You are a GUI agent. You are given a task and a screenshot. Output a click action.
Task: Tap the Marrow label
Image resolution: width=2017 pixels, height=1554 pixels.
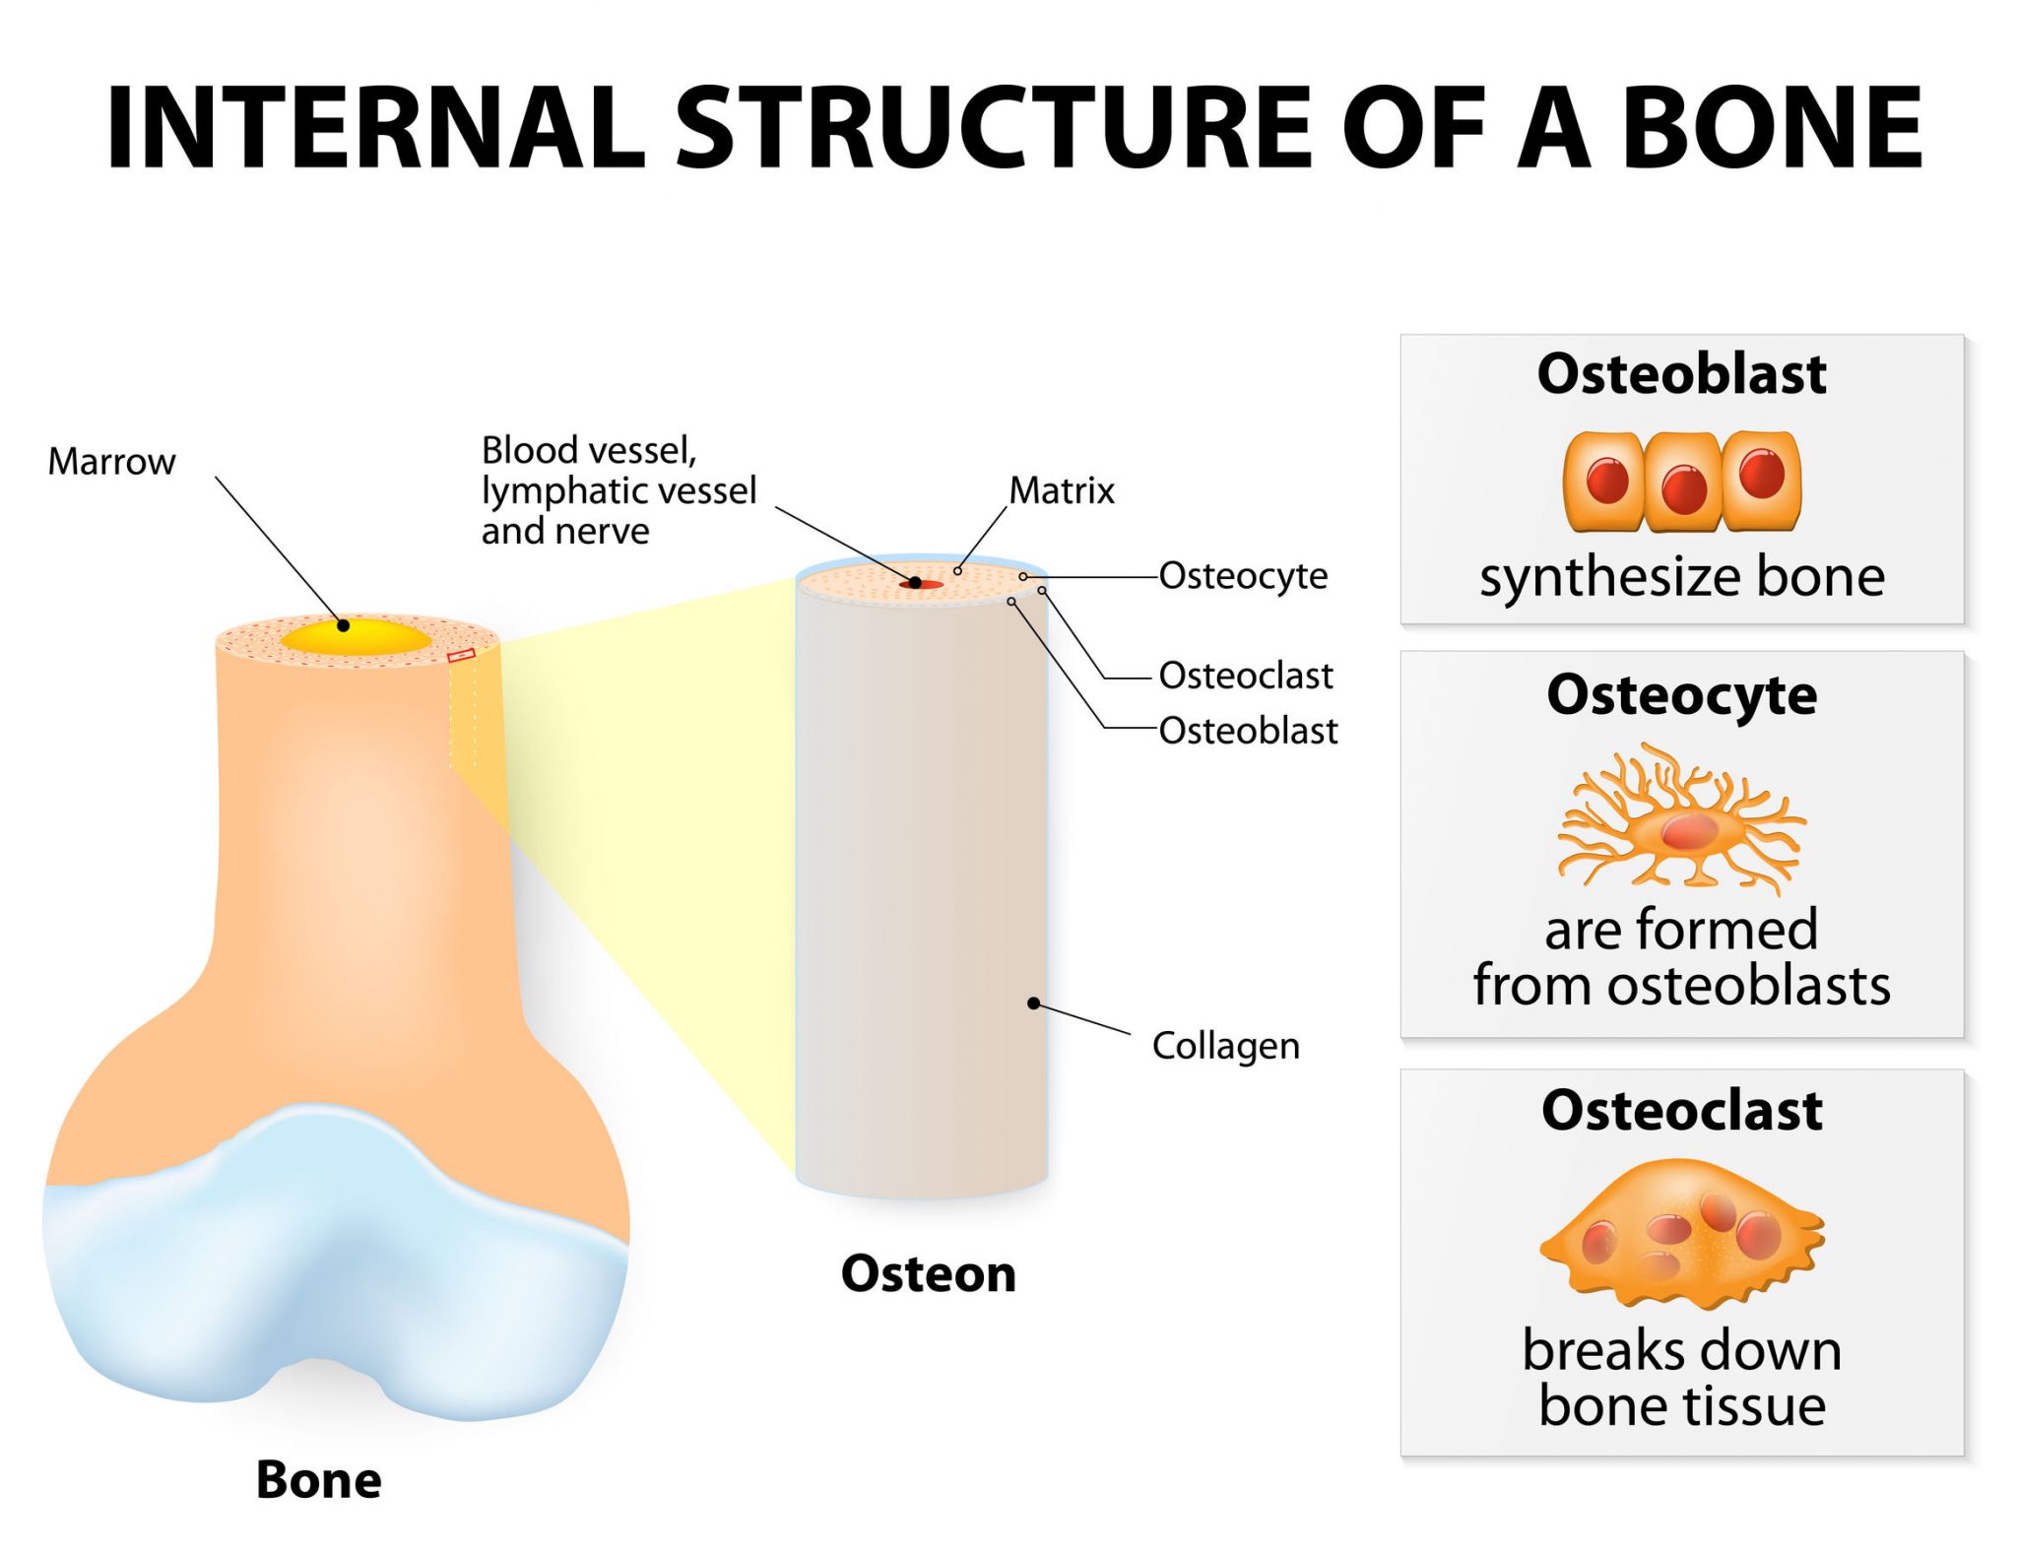click(111, 462)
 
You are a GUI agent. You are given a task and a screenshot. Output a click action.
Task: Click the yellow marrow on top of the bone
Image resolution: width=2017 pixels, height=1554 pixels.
click(356, 636)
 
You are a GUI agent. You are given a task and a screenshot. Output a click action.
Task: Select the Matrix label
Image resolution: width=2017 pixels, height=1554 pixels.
click(1062, 490)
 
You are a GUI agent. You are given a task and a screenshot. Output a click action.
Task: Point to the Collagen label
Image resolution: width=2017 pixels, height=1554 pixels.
click(1225, 1046)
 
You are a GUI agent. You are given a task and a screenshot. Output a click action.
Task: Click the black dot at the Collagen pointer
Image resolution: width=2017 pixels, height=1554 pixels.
click(1033, 1004)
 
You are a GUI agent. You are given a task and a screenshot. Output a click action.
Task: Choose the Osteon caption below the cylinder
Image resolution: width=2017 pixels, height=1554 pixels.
click(928, 1273)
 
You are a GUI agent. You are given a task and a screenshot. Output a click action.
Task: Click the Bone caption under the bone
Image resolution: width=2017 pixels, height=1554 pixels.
click(318, 1479)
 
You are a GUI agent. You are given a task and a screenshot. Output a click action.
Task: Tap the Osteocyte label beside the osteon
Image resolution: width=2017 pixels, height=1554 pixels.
click(1243, 576)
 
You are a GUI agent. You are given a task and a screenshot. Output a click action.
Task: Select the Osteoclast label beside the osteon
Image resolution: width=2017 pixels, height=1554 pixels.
click(1246, 676)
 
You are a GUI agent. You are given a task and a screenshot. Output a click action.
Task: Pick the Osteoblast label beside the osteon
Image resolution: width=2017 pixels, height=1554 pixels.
click(1248, 731)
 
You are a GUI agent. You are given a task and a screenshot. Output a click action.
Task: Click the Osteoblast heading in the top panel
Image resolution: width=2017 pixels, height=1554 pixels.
click(1681, 374)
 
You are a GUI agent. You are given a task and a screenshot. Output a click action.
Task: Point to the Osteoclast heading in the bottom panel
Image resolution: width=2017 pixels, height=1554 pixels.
click(1681, 1111)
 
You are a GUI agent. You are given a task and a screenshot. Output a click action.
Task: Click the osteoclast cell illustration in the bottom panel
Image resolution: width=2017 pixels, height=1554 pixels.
click(1681, 1236)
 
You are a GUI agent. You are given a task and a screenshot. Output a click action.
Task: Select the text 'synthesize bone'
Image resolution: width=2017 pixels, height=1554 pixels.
click(1681, 577)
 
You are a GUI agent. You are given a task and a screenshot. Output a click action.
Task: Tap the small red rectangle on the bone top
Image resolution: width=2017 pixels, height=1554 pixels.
click(461, 655)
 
